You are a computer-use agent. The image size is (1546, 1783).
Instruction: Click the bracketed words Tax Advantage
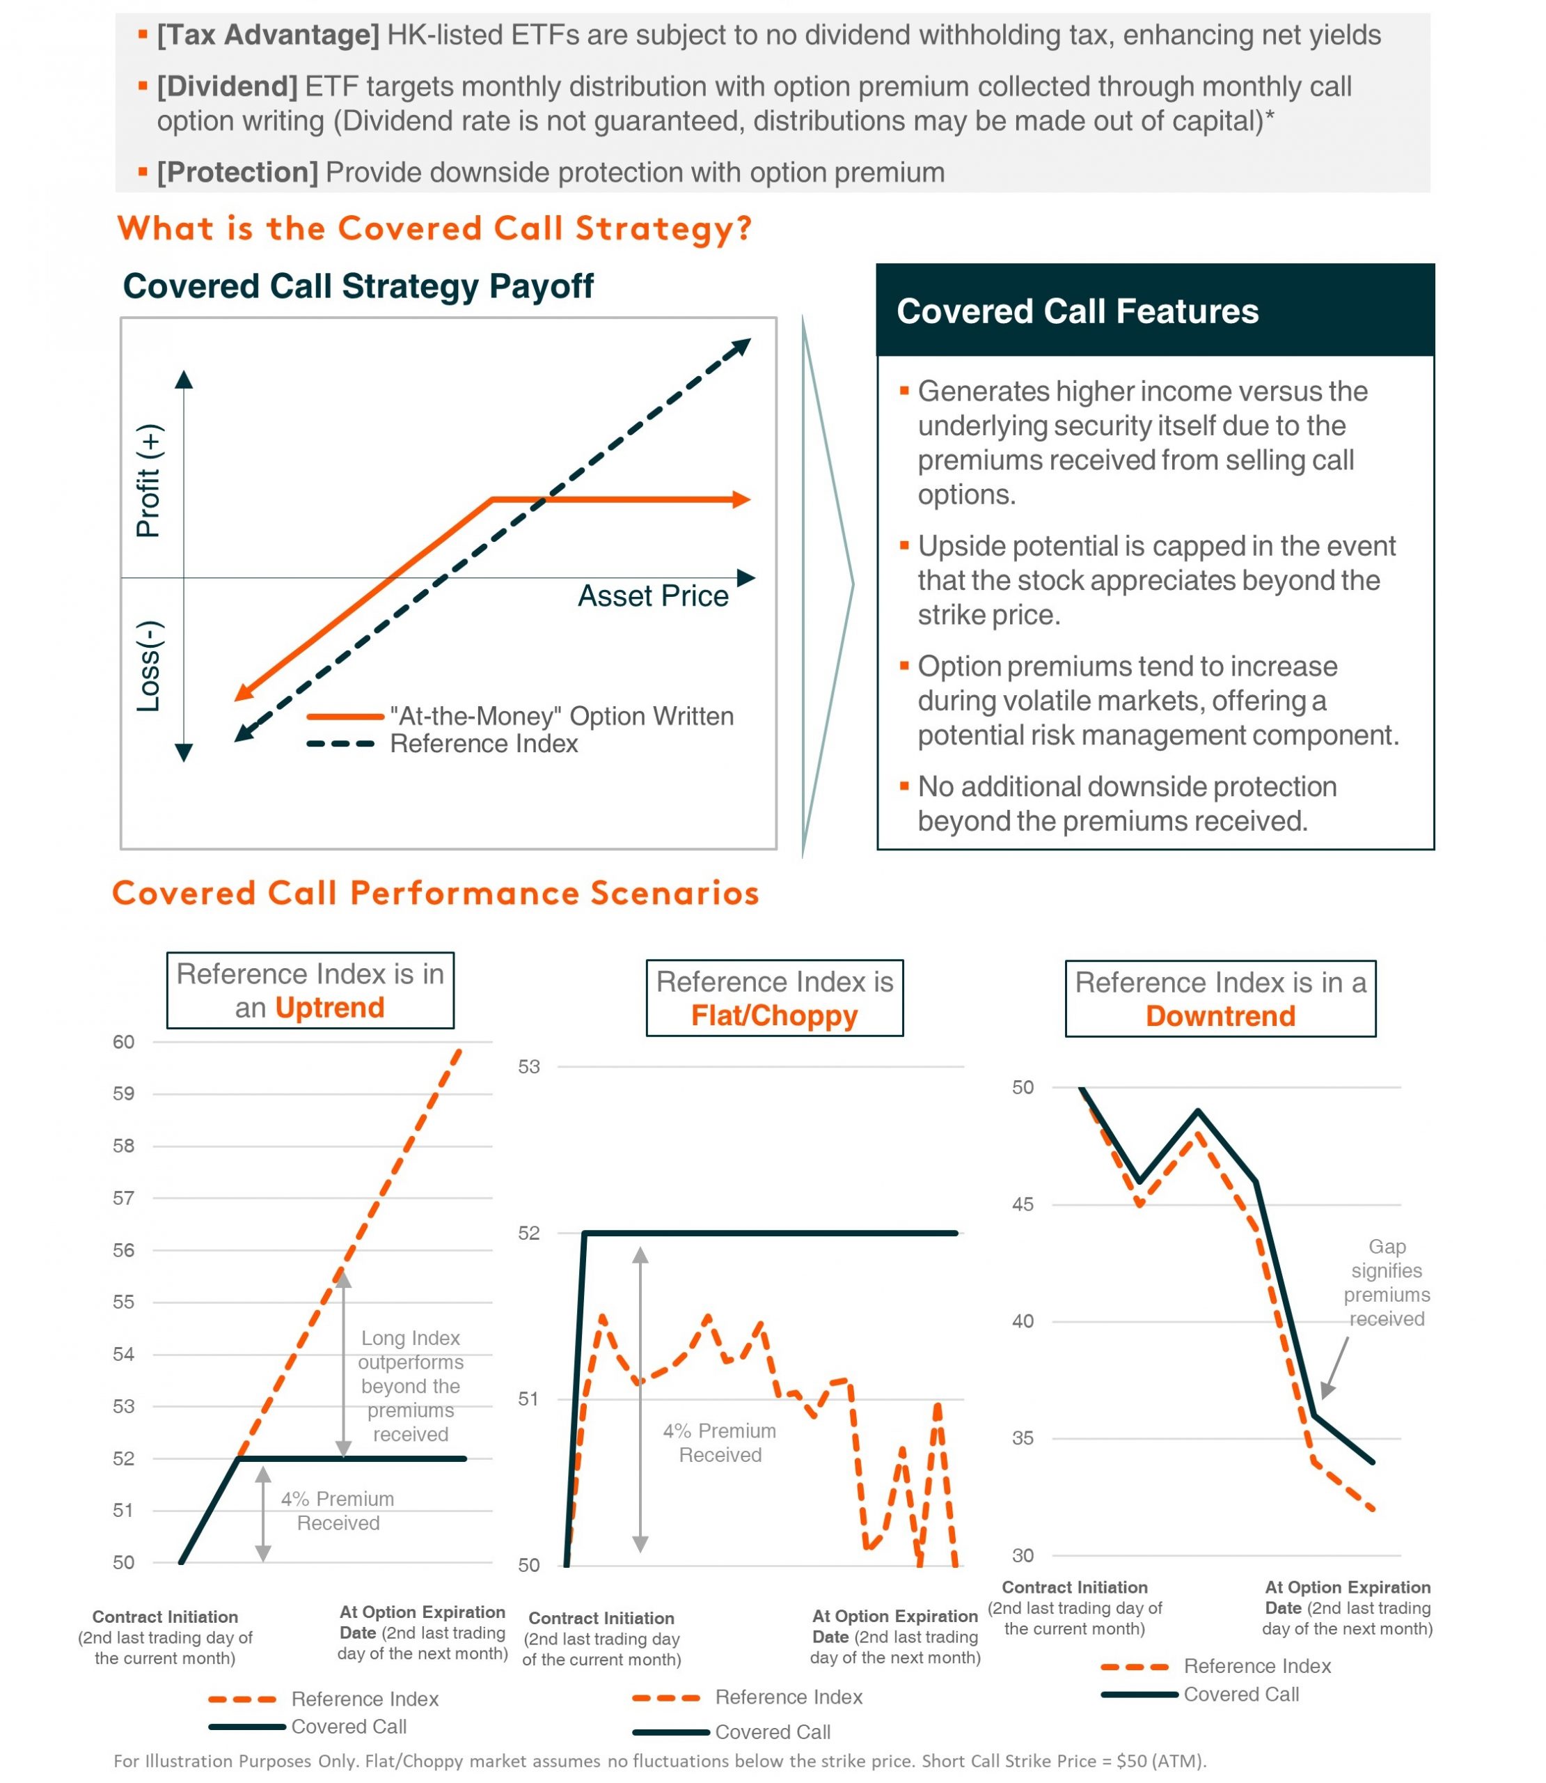(x=267, y=36)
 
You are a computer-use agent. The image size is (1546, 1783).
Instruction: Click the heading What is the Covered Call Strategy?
(x=434, y=228)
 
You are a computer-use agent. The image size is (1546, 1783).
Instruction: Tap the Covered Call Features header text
(x=1077, y=311)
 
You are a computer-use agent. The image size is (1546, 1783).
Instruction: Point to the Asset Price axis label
(x=652, y=596)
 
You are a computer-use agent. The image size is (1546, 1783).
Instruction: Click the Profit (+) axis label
(x=148, y=481)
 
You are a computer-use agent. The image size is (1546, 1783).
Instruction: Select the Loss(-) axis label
(x=148, y=667)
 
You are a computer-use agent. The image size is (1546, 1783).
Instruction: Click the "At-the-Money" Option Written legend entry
(x=561, y=716)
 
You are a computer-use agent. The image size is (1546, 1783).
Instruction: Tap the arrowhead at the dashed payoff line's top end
(x=741, y=347)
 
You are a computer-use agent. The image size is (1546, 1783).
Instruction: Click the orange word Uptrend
(x=329, y=1008)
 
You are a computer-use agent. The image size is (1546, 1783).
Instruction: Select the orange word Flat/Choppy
(x=774, y=1015)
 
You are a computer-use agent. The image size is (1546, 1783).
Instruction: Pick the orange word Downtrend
(x=1220, y=1015)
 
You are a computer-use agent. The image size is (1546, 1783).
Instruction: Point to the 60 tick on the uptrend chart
(x=124, y=1043)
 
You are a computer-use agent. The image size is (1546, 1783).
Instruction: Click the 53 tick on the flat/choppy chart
(x=529, y=1068)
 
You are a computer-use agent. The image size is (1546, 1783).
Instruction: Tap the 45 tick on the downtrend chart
(x=1023, y=1205)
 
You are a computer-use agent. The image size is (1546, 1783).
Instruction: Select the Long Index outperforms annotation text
(x=411, y=1386)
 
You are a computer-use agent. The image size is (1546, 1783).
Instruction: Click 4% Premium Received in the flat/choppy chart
(x=720, y=1443)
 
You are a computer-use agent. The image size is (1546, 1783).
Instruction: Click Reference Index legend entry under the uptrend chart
(x=364, y=1699)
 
